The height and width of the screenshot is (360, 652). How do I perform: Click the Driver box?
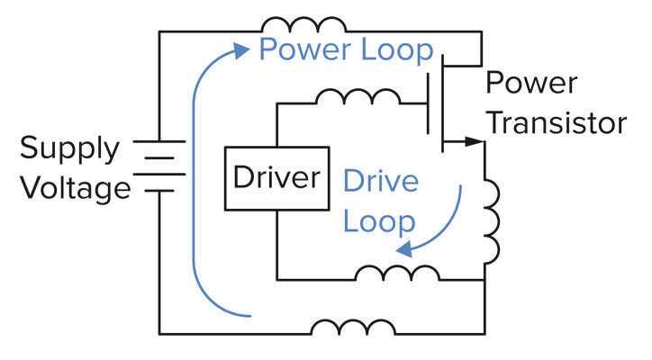pos(276,178)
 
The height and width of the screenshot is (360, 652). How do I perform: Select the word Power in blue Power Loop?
pos(302,49)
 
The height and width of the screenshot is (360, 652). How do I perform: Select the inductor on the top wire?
pos(302,24)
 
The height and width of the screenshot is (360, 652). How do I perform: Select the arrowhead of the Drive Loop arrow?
pos(407,248)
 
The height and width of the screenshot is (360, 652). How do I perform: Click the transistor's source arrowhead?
pos(475,141)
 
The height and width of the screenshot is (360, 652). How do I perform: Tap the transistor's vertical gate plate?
pos(429,104)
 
